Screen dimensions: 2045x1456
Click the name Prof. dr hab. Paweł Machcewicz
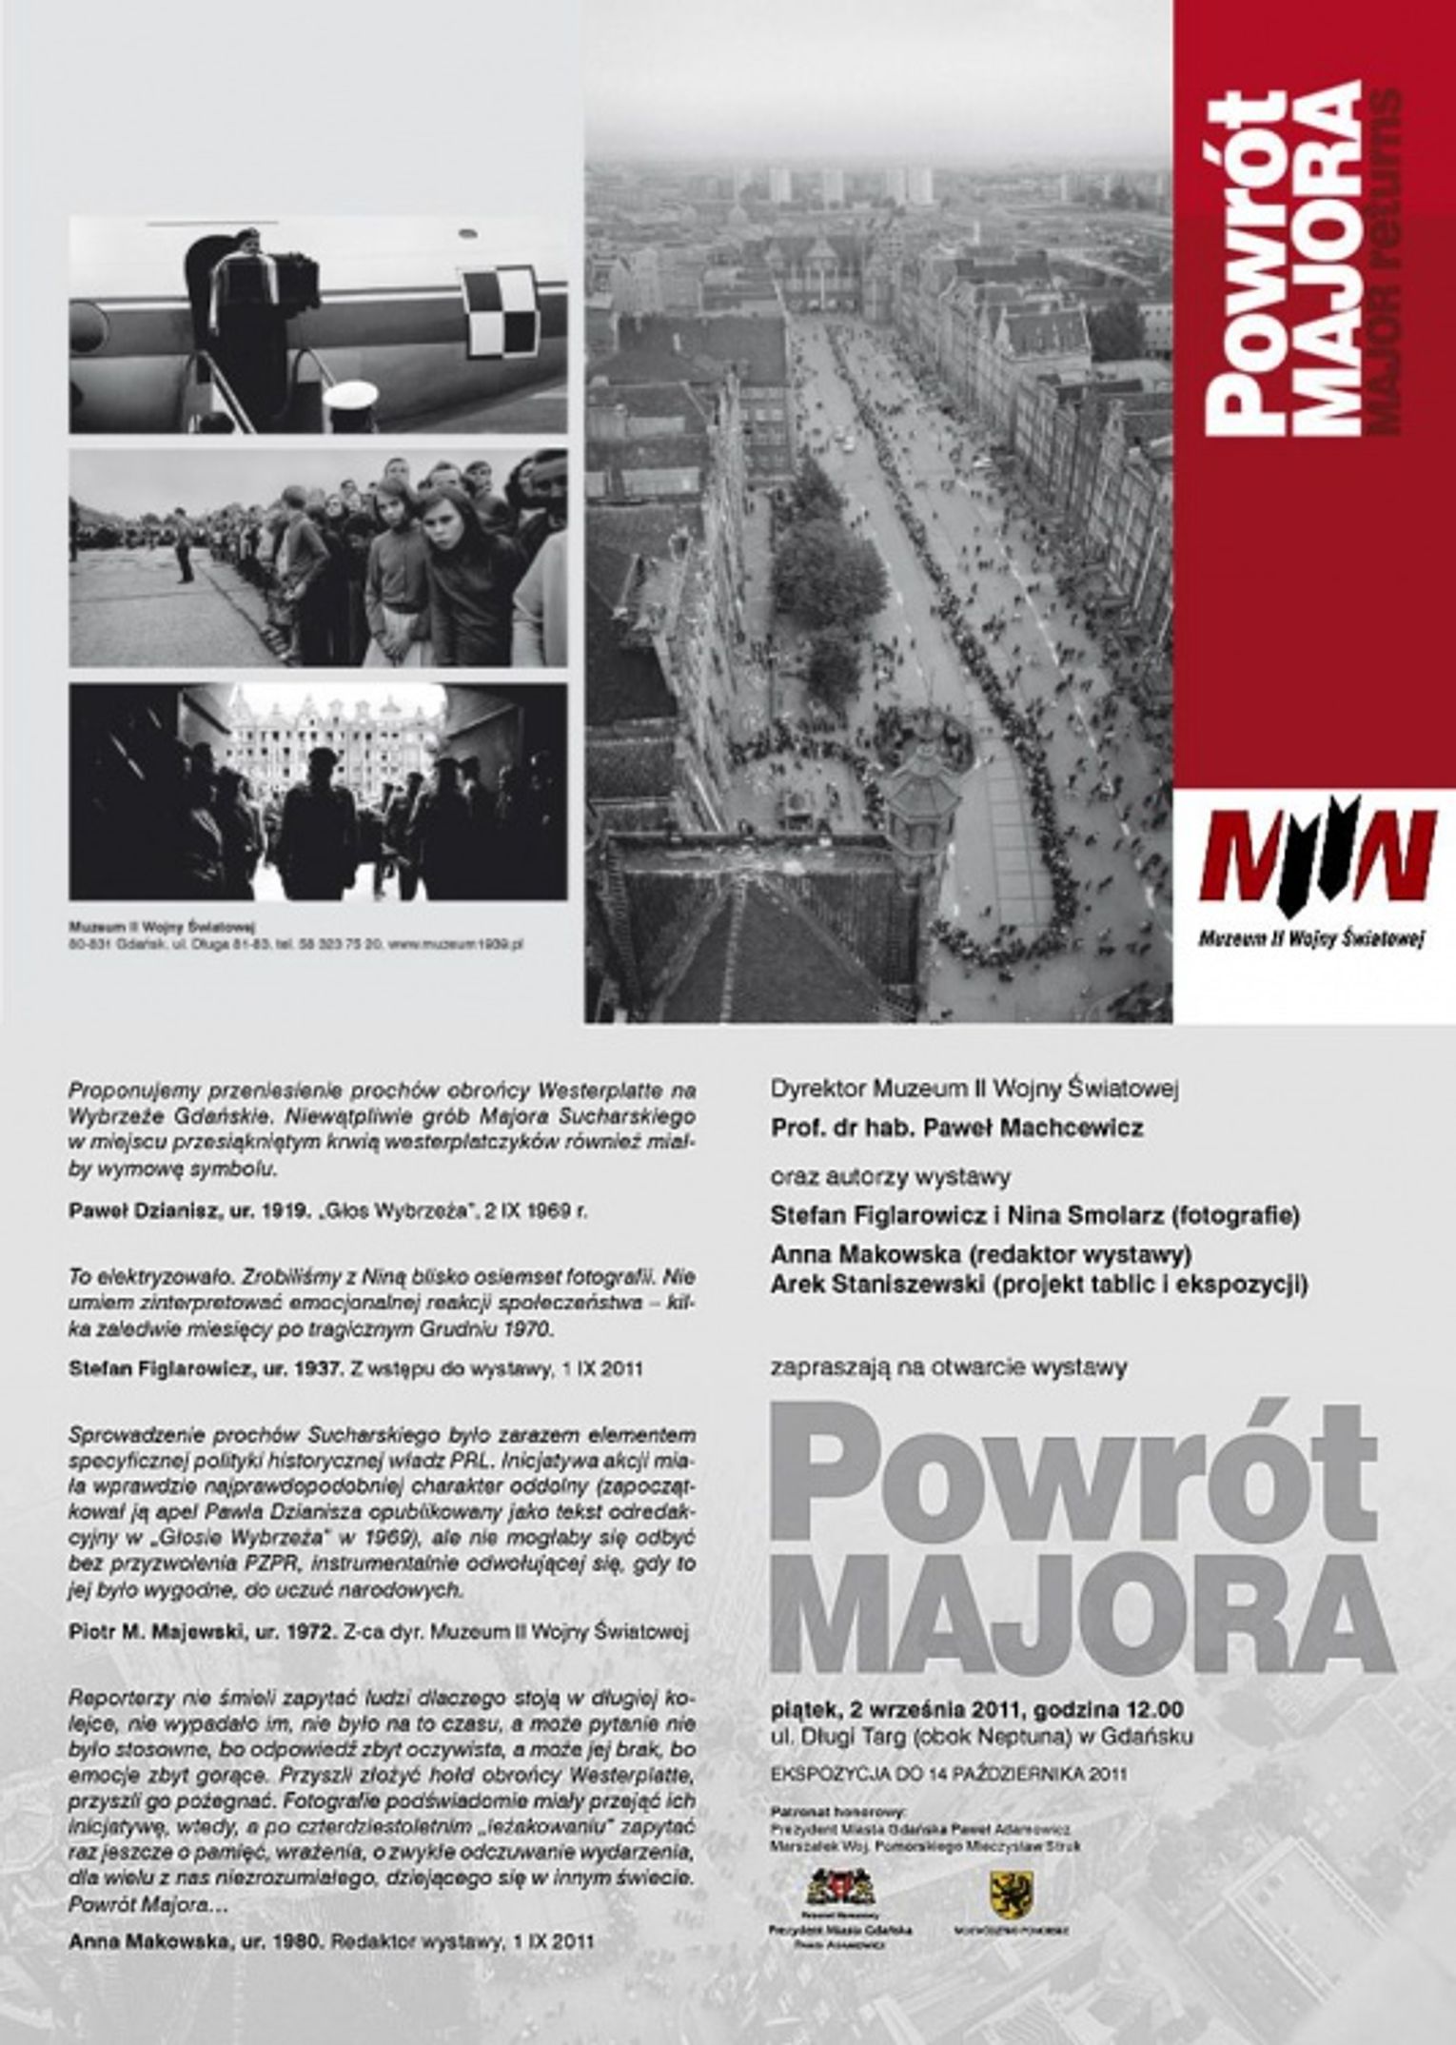[956, 1128]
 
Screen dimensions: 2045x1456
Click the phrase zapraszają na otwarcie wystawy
[949, 1367]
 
